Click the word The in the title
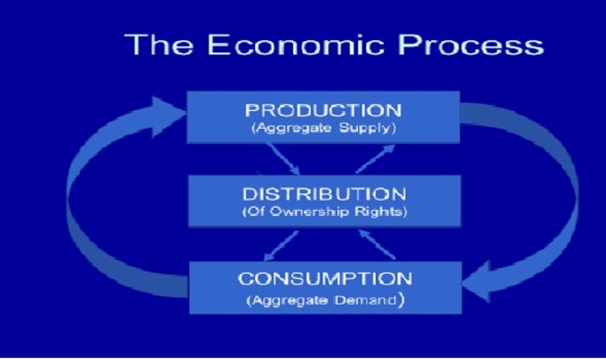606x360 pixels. pos(159,44)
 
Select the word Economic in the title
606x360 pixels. pos(296,44)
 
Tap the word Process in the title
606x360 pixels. pos(471,44)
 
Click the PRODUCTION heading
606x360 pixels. pos(323,110)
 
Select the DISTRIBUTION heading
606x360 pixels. pos(324,194)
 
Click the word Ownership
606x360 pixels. pos(309,212)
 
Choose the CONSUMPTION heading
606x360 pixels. pos(325,279)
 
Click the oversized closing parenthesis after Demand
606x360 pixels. pos(401,300)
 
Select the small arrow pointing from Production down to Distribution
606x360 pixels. pos(283,159)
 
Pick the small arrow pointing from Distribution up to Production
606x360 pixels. pos(375,159)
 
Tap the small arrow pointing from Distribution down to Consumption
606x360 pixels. pos(281,245)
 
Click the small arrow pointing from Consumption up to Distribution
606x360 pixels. pos(378,244)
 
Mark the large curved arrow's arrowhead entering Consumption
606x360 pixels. pos(476,283)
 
